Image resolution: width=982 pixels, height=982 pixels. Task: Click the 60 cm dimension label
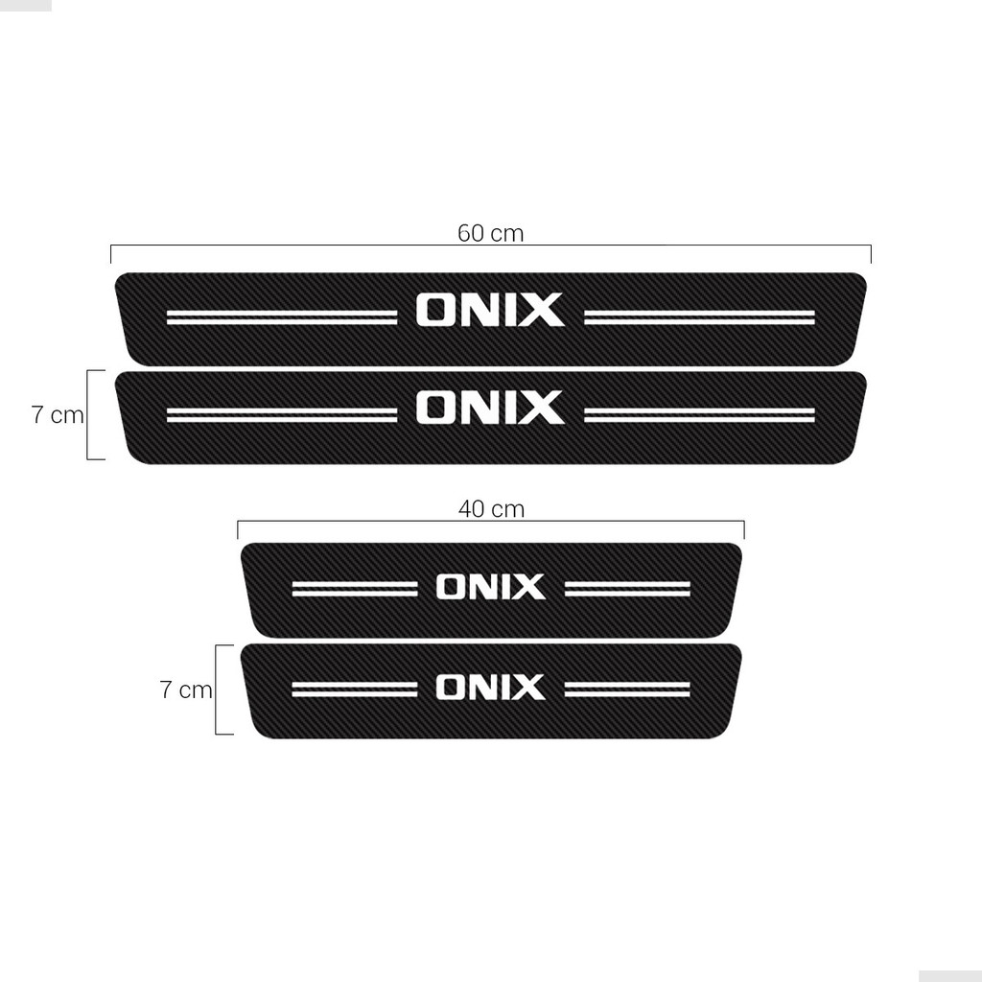coord(490,233)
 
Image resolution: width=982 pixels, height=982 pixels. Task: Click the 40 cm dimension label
coord(491,509)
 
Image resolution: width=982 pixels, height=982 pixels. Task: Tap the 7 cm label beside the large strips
coord(58,415)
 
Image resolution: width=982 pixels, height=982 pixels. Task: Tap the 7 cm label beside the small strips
coord(186,690)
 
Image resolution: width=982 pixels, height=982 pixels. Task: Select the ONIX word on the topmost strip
coord(490,311)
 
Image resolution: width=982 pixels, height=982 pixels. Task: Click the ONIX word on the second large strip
coord(490,408)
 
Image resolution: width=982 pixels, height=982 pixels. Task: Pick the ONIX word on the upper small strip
coord(490,587)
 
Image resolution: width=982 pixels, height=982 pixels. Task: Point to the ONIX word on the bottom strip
coord(490,688)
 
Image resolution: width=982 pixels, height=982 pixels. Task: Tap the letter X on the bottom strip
coord(528,688)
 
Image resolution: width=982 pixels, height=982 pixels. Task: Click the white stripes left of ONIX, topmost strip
coord(281,317)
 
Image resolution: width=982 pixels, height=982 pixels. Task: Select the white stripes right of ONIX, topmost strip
coord(699,317)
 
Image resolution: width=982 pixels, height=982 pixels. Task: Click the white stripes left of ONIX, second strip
coord(281,414)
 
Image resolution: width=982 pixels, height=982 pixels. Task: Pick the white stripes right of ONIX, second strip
coord(699,414)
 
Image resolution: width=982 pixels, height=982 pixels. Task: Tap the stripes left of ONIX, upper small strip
coord(355,588)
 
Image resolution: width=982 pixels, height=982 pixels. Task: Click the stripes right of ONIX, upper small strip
coord(627,588)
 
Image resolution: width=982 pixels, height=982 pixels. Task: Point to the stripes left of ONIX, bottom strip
coord(355,689)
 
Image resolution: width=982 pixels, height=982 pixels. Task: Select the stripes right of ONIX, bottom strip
coord(627,689)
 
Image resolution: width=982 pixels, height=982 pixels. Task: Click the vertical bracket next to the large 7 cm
coord(89,414)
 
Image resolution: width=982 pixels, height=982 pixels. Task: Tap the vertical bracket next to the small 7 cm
coord(218,690)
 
